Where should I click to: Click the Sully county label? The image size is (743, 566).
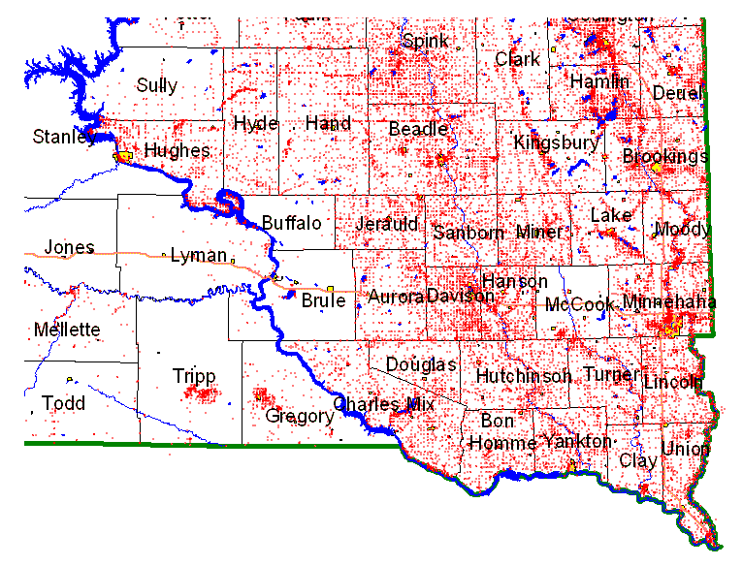pos(156,85)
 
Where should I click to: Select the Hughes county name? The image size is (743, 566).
pos(177,150)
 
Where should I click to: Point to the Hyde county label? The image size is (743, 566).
pos(256,124)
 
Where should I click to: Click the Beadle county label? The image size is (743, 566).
pos(418,129)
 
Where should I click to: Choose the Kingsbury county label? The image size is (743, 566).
pos(557,143)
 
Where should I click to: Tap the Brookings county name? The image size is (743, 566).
pos(665,156)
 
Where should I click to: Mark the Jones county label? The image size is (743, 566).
pos(69,247)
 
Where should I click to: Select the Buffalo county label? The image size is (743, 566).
pos(292,223)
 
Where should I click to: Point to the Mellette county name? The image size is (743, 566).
pos(67,330)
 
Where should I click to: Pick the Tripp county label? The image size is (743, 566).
pos(194,376)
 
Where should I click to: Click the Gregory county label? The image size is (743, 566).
pos(300,417)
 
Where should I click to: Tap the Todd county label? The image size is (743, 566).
pos(63,403)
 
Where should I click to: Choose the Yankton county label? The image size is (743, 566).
pos(578,442)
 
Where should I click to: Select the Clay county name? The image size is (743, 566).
pos(637,460)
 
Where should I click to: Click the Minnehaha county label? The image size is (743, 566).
pos(670,303)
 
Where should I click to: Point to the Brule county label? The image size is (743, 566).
pos(323,300)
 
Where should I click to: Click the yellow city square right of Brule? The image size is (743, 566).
pos(331,288)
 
